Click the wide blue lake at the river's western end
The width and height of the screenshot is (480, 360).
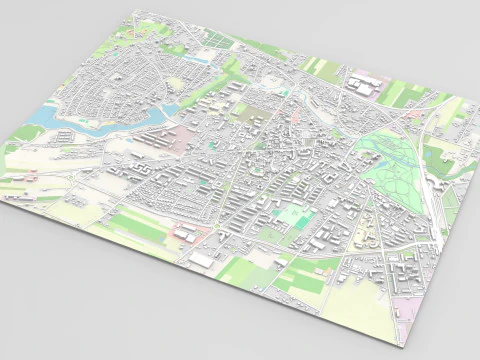point(45,116)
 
